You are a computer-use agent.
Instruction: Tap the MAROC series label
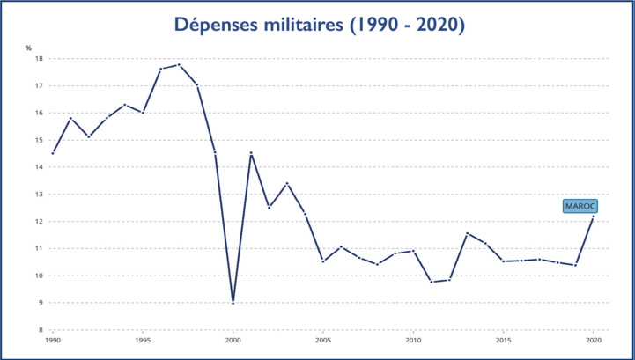click(580, 205)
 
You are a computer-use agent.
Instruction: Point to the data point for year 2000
click(233, 303)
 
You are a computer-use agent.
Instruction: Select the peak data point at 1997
click(179, 64)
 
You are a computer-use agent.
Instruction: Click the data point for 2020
click(594, 217)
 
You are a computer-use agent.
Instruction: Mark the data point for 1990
click(53, 153)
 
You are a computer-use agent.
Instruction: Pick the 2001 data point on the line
click(251, 153)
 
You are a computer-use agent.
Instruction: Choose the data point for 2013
click(468, 233)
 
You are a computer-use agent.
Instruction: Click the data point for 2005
click(323, 261)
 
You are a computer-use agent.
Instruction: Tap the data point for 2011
click(432, 282)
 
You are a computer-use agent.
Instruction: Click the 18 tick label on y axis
click(39, 59)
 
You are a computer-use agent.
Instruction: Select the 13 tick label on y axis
click(39, 195)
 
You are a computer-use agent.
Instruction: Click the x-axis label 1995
click(143, 340)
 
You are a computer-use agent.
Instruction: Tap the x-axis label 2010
click(413, 340)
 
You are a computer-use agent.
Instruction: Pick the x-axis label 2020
click(594, 340)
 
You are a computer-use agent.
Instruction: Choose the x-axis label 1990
click(53, 340)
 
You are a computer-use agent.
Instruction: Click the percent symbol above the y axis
click(28, 48)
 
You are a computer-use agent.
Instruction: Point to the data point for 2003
click(287, 183)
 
